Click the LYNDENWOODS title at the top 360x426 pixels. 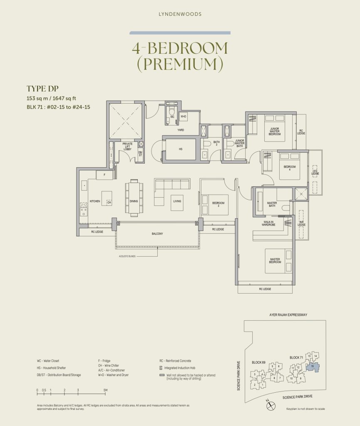pos(180,14)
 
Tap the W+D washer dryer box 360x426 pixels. pos(184,116)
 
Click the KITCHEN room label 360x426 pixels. pos(95,201)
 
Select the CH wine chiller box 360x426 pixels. pos(109,202)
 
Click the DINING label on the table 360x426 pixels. pos(134,201)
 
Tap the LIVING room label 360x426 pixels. pos(177,201)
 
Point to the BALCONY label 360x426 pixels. pos(157,234)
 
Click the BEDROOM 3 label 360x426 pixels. pos(218,204)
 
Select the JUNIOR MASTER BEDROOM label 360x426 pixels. pos(275,131)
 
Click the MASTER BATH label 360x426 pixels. pos(272,204)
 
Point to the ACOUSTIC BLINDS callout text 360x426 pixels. pos(127,257)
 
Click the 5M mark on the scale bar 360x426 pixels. pos(106,390)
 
